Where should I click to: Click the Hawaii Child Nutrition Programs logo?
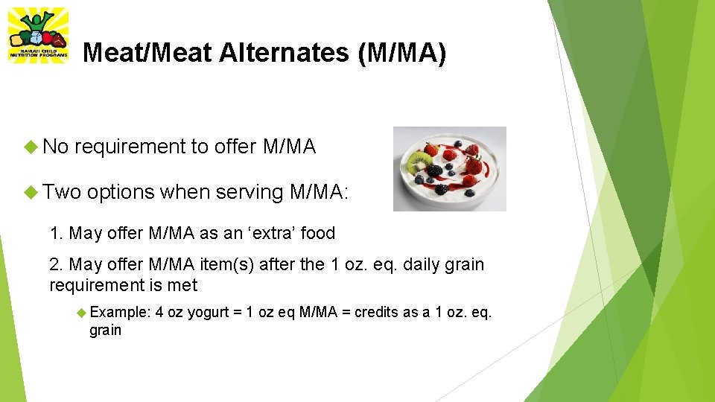pos(37,35)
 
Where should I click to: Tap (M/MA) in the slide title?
pos(402,53)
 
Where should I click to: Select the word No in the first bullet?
pos(56,147)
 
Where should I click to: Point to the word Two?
pos(62,192)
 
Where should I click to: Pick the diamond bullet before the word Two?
pos(32,192)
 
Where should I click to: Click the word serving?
pos(249,192)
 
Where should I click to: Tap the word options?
pos(120,192)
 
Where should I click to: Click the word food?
pos(318,233)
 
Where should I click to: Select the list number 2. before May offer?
pos(56,264)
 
